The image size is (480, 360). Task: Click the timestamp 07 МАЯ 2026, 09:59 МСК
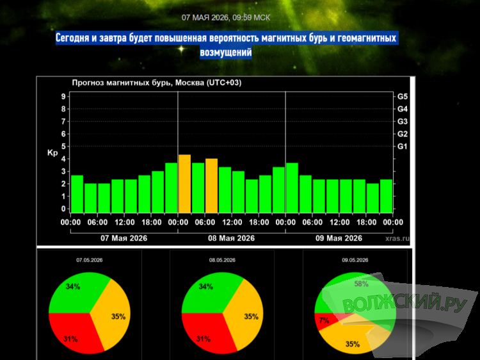(x=226, y=18)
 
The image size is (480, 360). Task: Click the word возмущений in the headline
(x=226, y=53)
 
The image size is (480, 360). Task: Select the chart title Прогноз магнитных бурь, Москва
(x=139, y=83)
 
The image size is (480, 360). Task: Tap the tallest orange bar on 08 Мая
(x=184, y=184)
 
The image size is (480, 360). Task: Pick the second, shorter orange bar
(x=212, y=186)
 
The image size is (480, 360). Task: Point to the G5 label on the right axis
(x=403, y=97)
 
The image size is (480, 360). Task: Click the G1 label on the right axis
(x=403, y=147)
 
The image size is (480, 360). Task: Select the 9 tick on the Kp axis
(x=63, y=97)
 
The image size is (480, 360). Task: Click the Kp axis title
(x=52, y=152)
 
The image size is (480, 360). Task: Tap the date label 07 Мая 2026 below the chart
(x=124, y=238)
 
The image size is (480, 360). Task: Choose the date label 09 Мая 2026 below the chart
(x=339, y=238)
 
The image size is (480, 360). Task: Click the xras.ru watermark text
(x=397, y=238)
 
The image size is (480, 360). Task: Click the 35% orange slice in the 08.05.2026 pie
(x=245, y=316)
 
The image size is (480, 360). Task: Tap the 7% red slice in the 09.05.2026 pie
(x=325, y=321)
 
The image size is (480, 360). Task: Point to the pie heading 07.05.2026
(x=90, y=260)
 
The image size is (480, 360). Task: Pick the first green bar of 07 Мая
(x=77, y=194)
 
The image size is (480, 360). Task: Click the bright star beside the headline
(x=182, y=49)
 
